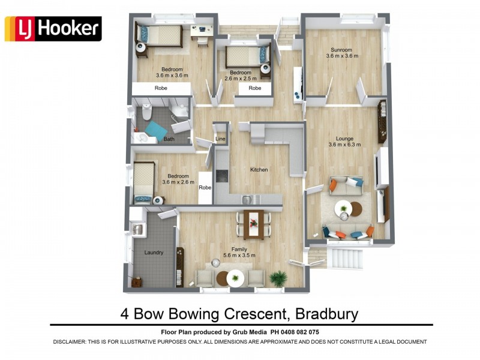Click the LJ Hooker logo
(x=53, y=29)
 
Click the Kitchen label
(x=259, y=170)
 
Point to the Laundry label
(x=154, y=253)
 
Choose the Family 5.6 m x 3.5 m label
(x=239, y=252)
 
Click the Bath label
(x=169, y=139)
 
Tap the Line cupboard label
(x=220, y=139)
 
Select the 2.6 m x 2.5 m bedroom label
(x=240, y=75)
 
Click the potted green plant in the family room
(x=278, y=277)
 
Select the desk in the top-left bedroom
(x=203, y=29)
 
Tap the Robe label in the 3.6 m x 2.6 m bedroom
(x=205, y=187)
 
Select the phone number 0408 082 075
(x=298, y=332)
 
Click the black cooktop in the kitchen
(x=221, y=175)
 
